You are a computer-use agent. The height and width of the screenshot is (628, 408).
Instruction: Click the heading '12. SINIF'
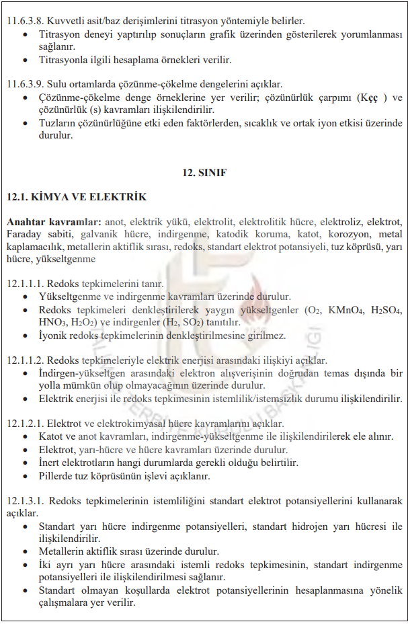coord(204,173)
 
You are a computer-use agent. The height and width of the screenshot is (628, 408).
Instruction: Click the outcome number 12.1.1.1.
coord(28,283)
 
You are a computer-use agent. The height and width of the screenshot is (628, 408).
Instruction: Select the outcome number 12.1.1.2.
coord(28,360)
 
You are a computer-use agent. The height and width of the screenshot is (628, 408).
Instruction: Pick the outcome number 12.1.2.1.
coord(28,424)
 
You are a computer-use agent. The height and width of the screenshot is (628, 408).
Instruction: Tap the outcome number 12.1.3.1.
coord(28,501)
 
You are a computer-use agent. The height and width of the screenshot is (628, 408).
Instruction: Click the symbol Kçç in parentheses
coord(366,97)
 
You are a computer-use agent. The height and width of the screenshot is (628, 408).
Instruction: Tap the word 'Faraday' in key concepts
coord(25,234)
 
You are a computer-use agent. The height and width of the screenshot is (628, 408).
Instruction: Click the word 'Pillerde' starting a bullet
coord(58,476)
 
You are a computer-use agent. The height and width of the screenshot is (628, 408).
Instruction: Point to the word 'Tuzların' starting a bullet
coord(58,123)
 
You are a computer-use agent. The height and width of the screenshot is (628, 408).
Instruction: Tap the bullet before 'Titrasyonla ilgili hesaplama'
coord(26,59)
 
